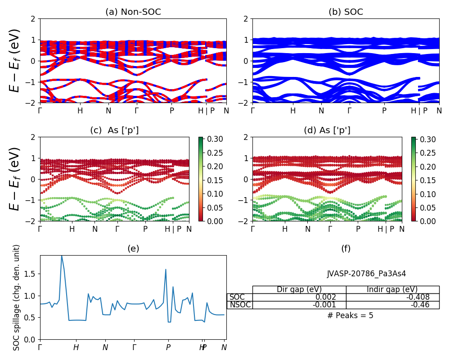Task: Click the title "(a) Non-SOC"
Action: click(133, 12)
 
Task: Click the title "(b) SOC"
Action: click(346, 12)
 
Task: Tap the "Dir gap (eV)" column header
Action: click(299, 289)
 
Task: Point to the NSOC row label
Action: click(240, 305)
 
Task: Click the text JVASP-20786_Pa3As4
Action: click(366, 274)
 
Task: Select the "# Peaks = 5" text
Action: click(350, 315)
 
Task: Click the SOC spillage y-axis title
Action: click(17, 297)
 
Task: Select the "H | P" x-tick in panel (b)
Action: click(419, 111)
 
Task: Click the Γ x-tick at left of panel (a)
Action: click(40, 111)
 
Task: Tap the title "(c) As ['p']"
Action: click(114, 130)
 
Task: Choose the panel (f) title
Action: click(346, 248)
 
